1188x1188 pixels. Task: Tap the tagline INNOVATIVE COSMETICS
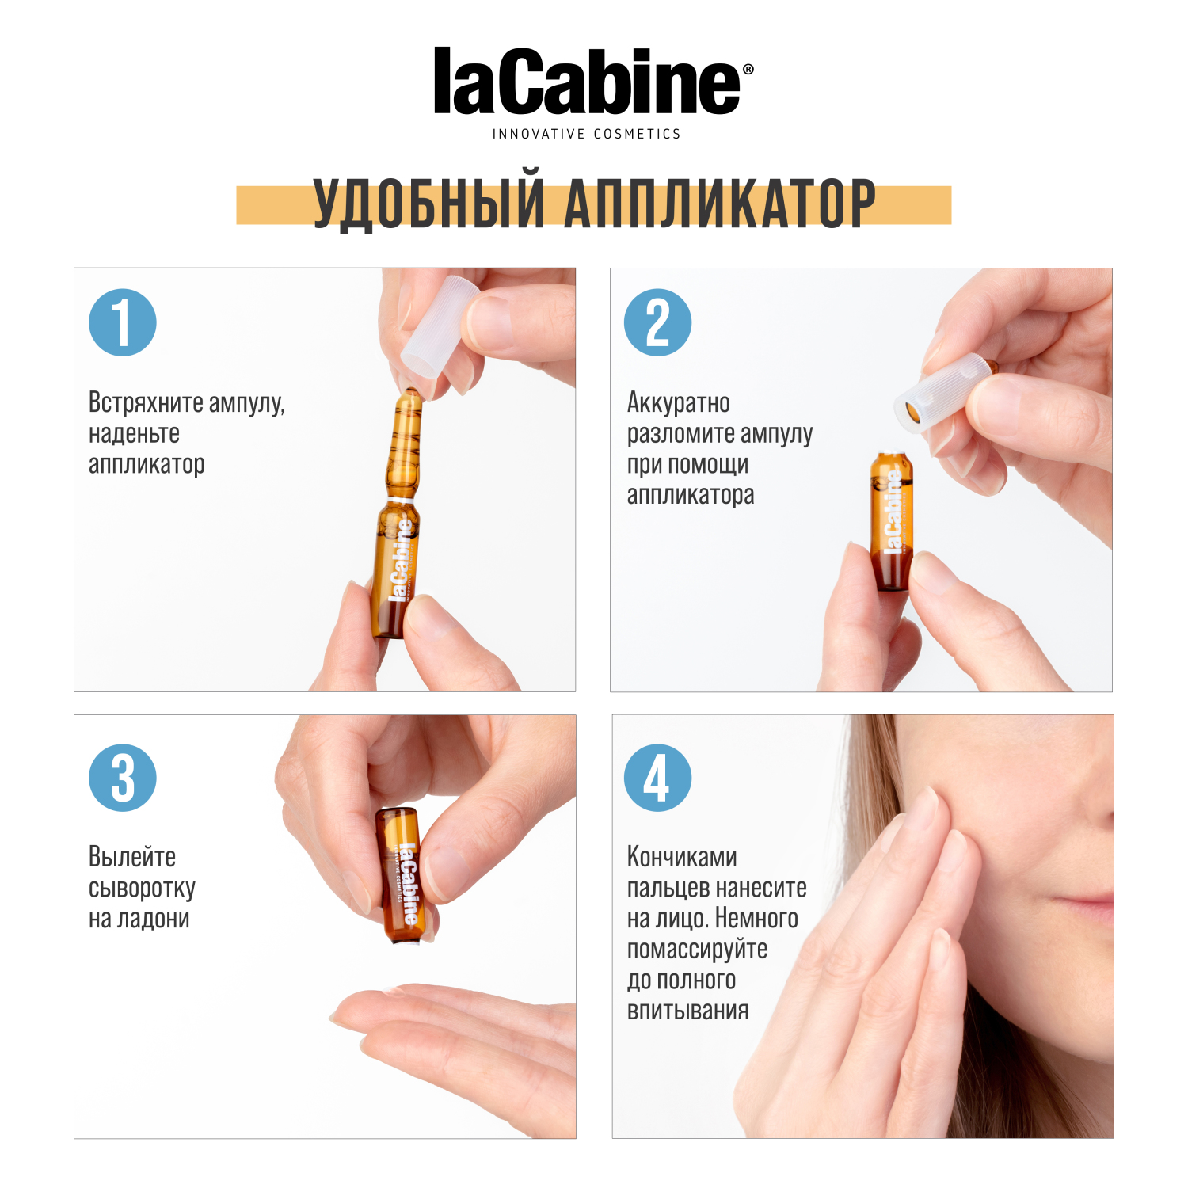(x=586, y=135)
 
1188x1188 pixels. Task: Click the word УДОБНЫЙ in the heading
(x=428, y=204)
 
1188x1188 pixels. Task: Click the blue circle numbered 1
(x=123, y=322)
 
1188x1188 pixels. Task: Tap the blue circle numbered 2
(x=657, y=322)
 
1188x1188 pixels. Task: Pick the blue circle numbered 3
(x=123, y=778)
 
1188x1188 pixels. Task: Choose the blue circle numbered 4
(x=657, y=778)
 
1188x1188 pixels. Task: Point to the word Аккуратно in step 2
(x=679, y=403)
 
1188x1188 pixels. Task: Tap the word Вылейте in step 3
(x=132, y=857)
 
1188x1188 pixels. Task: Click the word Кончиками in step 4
(x=682, y=857)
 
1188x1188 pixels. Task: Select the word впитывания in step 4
(x=687, y=1011)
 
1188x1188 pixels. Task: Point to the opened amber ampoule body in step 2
(x=892, y=523)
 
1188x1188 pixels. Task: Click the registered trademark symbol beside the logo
(x=748, y=70)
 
